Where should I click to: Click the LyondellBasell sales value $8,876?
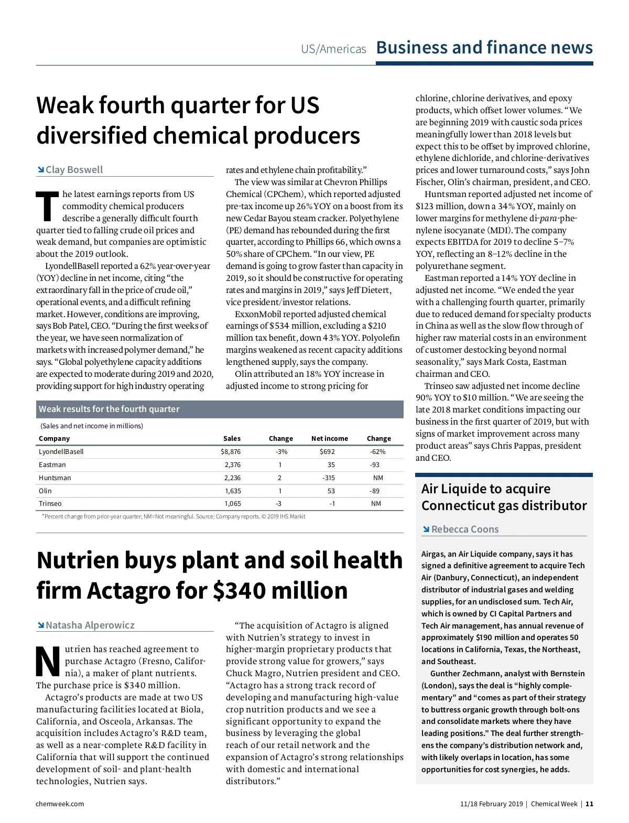(231, 451)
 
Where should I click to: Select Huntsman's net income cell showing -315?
(329, 478)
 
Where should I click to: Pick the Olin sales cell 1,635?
(233, 491)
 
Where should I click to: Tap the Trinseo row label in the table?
(50, 503)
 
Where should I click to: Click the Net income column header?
(329, 438)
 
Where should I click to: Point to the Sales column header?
(232, 438)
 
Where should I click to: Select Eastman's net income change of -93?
(374, 464)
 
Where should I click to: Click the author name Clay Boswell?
(74, 169)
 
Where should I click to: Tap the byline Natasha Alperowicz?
(90, 625)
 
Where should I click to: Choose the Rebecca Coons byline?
(465, 529)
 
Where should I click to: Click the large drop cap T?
(47, 205)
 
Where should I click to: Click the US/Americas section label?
(333, 49)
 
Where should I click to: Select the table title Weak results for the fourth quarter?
(109, 409)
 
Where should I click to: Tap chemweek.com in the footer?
(60, 804)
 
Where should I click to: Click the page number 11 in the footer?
(590, 804)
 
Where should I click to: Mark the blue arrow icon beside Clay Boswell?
(40, 169)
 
